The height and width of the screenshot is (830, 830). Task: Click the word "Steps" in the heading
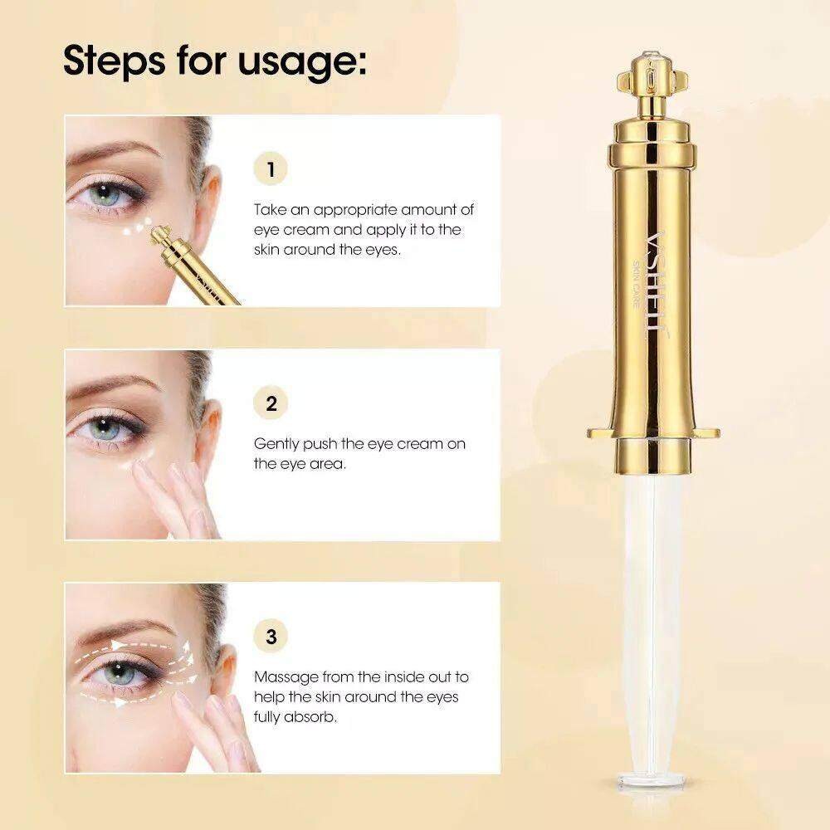(114, 61)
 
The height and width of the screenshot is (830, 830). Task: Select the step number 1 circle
(271, 169)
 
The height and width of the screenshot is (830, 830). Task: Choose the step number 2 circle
(271, 403)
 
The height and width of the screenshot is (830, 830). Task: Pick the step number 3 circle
(271, 637)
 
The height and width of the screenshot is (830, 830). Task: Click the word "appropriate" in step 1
(354, 211)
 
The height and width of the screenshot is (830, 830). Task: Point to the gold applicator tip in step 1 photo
(159, 234)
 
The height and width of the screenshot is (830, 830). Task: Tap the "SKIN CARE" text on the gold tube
(636, 284)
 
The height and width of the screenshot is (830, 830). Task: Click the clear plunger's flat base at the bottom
(651, 779)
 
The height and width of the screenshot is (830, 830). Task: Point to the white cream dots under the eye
(137, 227)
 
